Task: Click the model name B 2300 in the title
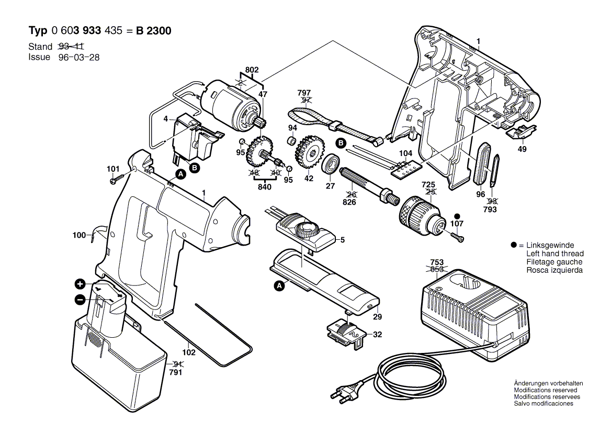click(x=153, y=31)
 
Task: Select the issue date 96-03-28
click(x=78, y=57)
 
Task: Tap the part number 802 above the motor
click(x=252, y=70)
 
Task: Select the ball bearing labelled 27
click(x=331, y=163)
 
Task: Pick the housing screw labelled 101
click(x=117, y=179)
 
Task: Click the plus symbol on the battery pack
click(x=80, y=284)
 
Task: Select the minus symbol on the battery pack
click(x=80, y=300)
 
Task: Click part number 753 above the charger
click(x=437, y=262)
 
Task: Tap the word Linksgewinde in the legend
click(x=550, y=245)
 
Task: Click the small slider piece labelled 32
click(x=347, y=333)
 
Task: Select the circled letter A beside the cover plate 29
click(x=279, y=286)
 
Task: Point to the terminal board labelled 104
click(x=407, y=169)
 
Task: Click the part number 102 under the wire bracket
click(x=189, y=352)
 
